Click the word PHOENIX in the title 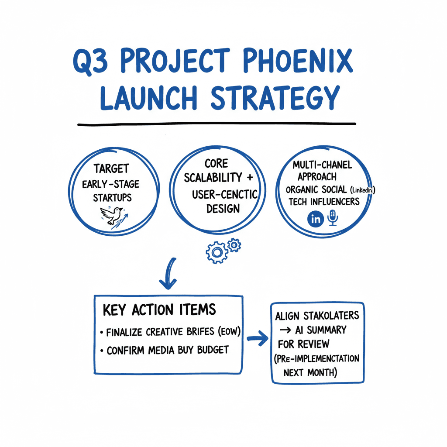[x=298, y=61]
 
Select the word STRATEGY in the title [x=275, y=98]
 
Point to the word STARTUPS [x=112, y=198]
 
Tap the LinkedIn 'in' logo [x=316, y=219]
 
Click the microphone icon [x=333, y=218]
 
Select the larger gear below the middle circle [x=217, y=252]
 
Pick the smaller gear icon [x=234, y=245]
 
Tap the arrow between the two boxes [x=258, y=338]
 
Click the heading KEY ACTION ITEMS [x=159, y=310]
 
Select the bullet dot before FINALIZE [x=101, y=333]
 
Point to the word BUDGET [x=213, y=350]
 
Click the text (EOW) [x=229, y=331]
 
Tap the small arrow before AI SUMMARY [x=285, y=330]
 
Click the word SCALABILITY [x=213, y=178]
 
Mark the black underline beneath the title [x=217, y=124]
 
